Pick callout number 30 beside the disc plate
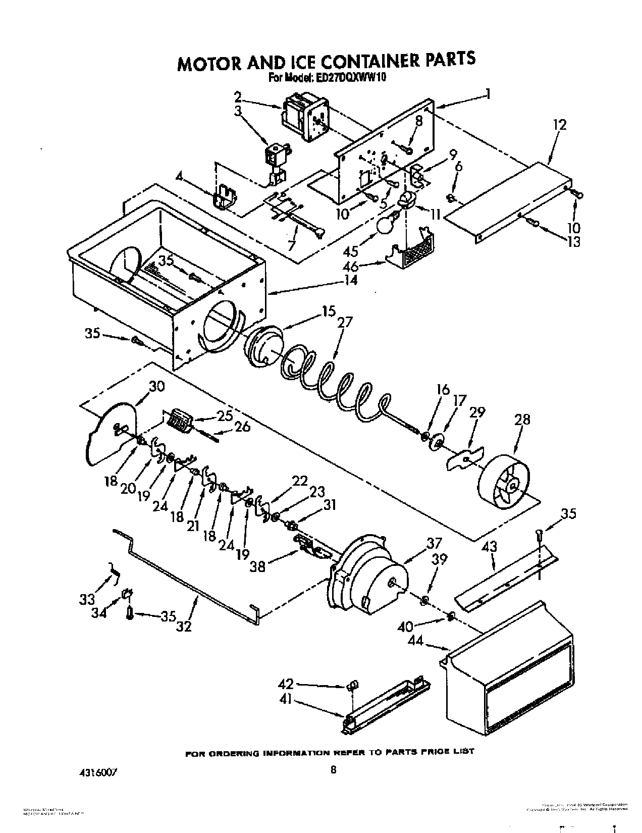156,387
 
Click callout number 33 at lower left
87,600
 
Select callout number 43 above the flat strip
489,546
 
